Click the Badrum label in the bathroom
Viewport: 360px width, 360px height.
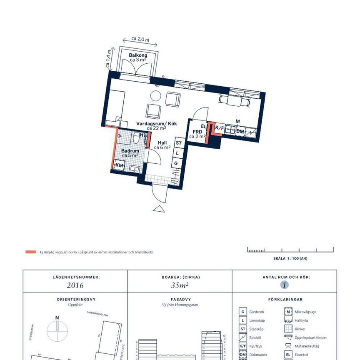[130, 151]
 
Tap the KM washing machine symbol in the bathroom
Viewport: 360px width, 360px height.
[120, 165]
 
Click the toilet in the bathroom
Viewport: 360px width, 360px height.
[137, 138]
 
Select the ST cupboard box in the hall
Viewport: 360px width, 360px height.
[179, 143]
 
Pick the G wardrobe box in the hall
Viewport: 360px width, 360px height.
[176, 163]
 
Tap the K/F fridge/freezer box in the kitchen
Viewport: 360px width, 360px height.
[219, 128]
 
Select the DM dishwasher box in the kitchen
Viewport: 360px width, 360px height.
[240, 131]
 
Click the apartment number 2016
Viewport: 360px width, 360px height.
[75, 285]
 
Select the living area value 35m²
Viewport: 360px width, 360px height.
[180, 285]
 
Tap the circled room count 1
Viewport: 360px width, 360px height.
[284, 285]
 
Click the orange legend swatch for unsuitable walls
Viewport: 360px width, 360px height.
[30, 252]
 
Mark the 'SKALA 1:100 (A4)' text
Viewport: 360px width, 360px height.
[290, 258]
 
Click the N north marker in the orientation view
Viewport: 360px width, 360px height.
[57, 317]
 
